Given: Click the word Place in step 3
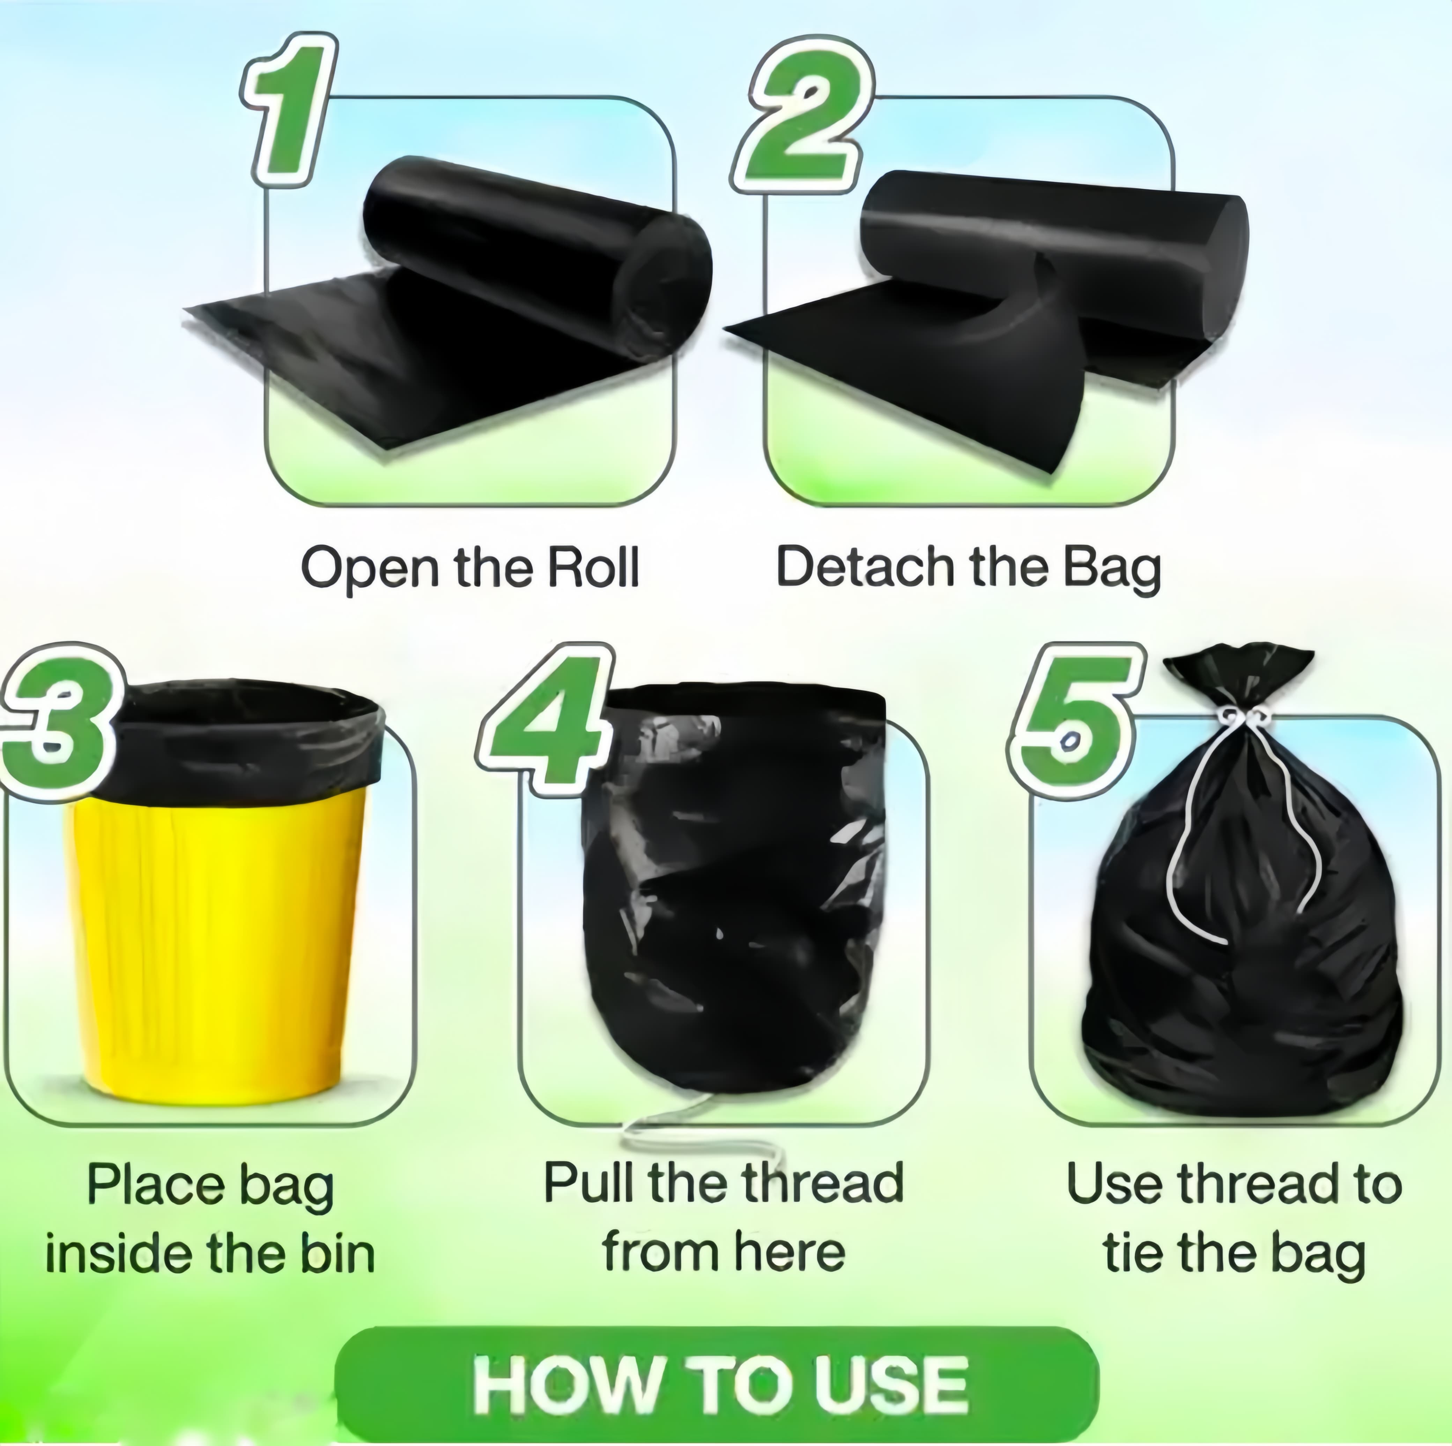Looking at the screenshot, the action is (156, 1185).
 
